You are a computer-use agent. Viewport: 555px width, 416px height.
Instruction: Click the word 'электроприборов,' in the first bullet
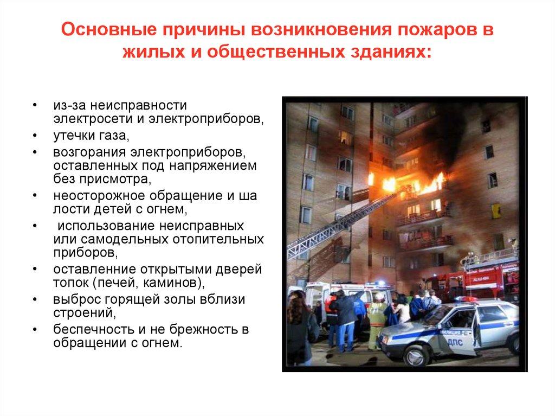(x=221, y=117)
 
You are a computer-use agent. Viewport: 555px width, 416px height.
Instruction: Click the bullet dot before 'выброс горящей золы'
(x=34, y=299)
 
